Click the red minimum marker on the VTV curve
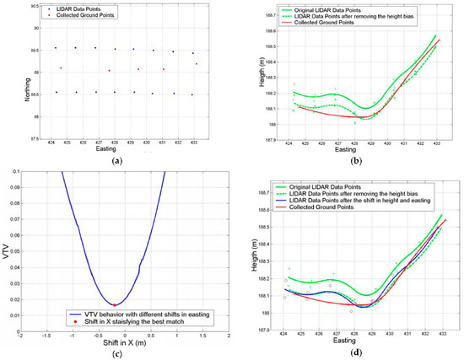[x=114, y=304]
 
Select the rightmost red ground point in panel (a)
[x=196, y=63]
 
